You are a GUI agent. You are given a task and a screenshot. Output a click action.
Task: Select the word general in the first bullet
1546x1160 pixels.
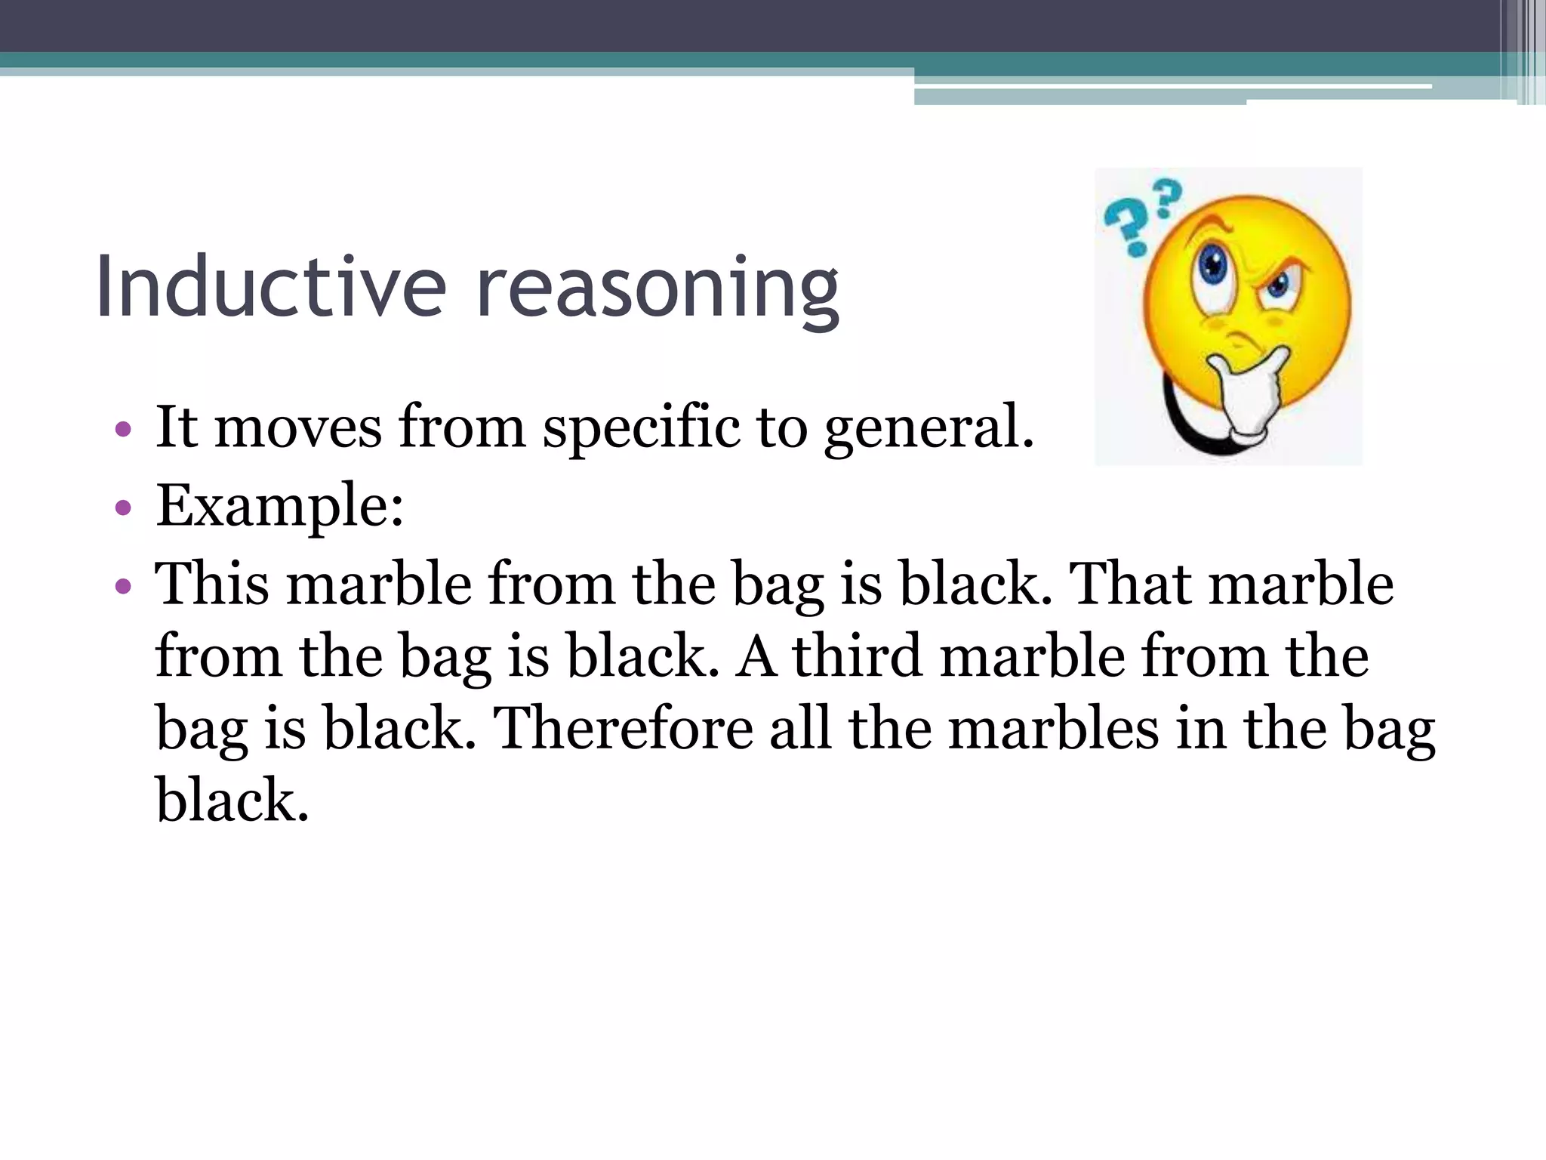pos(928,429)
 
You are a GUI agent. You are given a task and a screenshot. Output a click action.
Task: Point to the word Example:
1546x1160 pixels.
pos(280,507)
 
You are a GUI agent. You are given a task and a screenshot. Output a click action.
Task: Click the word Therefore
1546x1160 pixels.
pos(623,728)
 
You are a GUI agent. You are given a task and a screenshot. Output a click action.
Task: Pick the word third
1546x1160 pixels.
pos(857,656)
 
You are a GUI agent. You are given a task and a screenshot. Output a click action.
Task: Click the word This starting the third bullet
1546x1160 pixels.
pos(211,584)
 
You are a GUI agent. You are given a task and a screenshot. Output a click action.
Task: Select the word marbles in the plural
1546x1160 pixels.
pos(1053,728)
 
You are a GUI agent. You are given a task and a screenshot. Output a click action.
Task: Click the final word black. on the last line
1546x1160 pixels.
pos(233,800)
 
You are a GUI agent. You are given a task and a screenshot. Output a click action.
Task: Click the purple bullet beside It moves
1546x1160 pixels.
pos(123,430)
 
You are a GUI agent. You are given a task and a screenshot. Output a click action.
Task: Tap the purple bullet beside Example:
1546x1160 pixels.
pos(123,507)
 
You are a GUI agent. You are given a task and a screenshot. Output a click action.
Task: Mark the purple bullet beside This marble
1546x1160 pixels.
pos(123,585)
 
